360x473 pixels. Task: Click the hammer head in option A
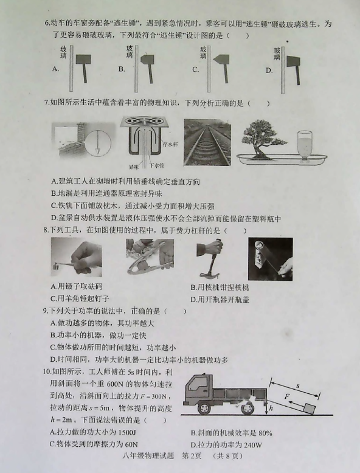coord(83,60)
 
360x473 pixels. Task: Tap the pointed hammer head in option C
coord(221,60)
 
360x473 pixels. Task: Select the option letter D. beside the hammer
coord(269,71)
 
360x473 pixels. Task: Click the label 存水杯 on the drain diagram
coord(170,144)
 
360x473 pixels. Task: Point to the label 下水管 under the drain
coord(157,165)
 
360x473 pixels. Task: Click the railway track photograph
coord(207,142)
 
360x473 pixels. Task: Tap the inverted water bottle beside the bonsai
coord(305,145)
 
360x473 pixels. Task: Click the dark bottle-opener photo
coord(271,259)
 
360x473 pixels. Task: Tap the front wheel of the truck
coord(204,407)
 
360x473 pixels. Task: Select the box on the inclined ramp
coord(310,409)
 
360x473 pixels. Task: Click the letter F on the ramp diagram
coord(287,396)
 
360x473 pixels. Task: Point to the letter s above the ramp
coord(299,385)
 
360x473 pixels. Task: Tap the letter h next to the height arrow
coord(271,408)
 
